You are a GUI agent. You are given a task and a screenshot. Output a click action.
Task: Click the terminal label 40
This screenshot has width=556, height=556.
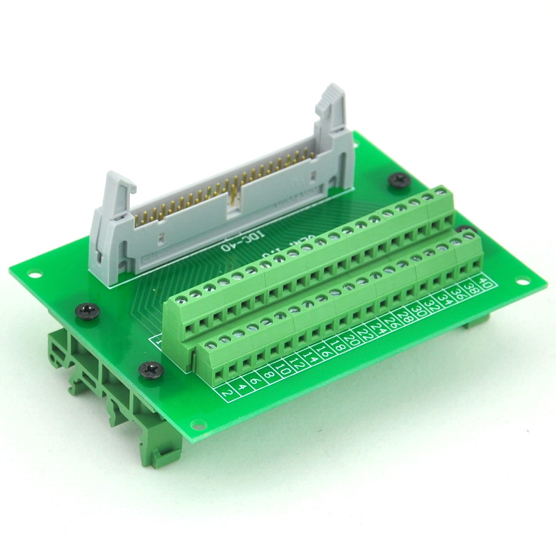485,285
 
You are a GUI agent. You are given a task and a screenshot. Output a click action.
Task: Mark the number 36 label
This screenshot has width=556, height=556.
459,295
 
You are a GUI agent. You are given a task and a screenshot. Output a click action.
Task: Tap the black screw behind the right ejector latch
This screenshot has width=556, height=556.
399,180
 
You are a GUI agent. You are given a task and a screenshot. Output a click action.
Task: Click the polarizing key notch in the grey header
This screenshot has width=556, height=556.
234,201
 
